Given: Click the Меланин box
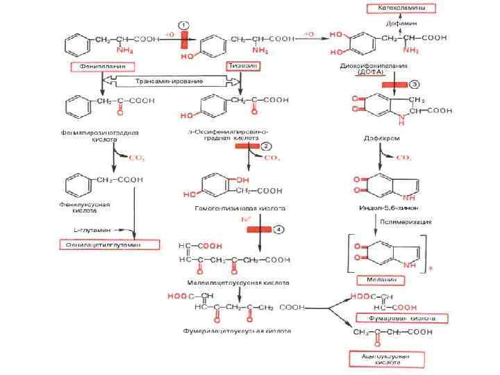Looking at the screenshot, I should (x=381, y=280).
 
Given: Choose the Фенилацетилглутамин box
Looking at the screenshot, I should (x=109, y=244).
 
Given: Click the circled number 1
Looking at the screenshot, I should (x=184, y=26).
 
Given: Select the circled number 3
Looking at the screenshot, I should (x=415, y=84).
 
